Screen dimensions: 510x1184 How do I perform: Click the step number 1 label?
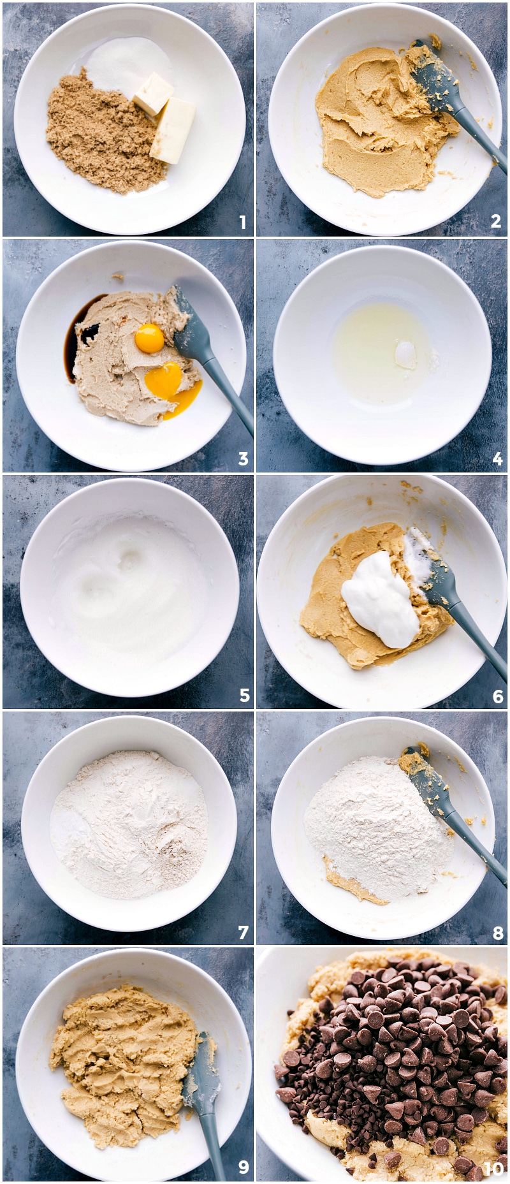point(242,223)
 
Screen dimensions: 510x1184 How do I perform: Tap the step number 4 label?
point(497,458)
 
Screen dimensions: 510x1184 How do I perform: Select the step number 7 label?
point(243,933)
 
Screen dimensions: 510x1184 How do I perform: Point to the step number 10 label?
point(493,1168)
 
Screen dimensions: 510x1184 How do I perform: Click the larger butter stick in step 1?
point(173,131)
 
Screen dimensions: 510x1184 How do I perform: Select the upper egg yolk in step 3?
point(150,338)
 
